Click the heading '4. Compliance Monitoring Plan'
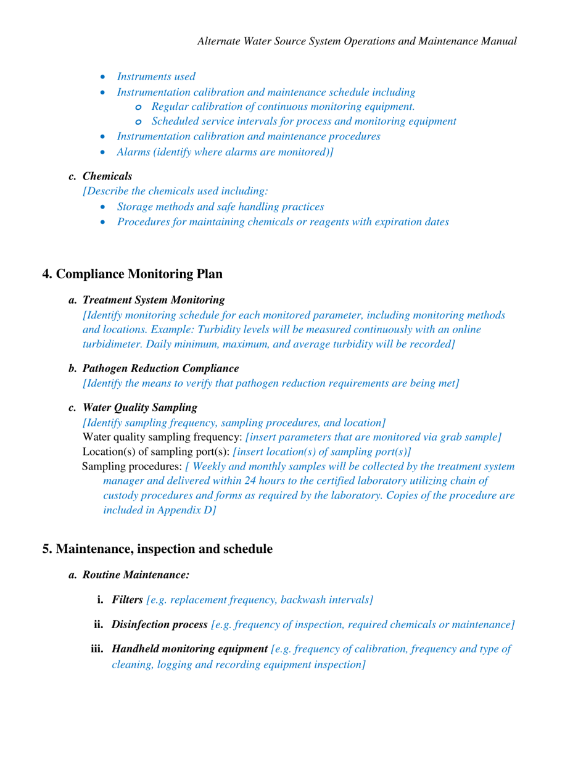point(132,273)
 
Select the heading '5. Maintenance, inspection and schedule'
point(157,548)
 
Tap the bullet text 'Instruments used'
point(156,77)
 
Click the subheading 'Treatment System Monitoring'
point(154,300)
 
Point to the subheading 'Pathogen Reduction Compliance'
point(160,368)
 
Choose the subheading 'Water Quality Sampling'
point(140,407)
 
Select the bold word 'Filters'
point(127,599)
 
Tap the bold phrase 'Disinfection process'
point(159,624)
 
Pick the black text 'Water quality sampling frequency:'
point(162,437)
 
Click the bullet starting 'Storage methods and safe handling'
point(220,207)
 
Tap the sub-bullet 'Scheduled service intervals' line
point(303,122)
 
